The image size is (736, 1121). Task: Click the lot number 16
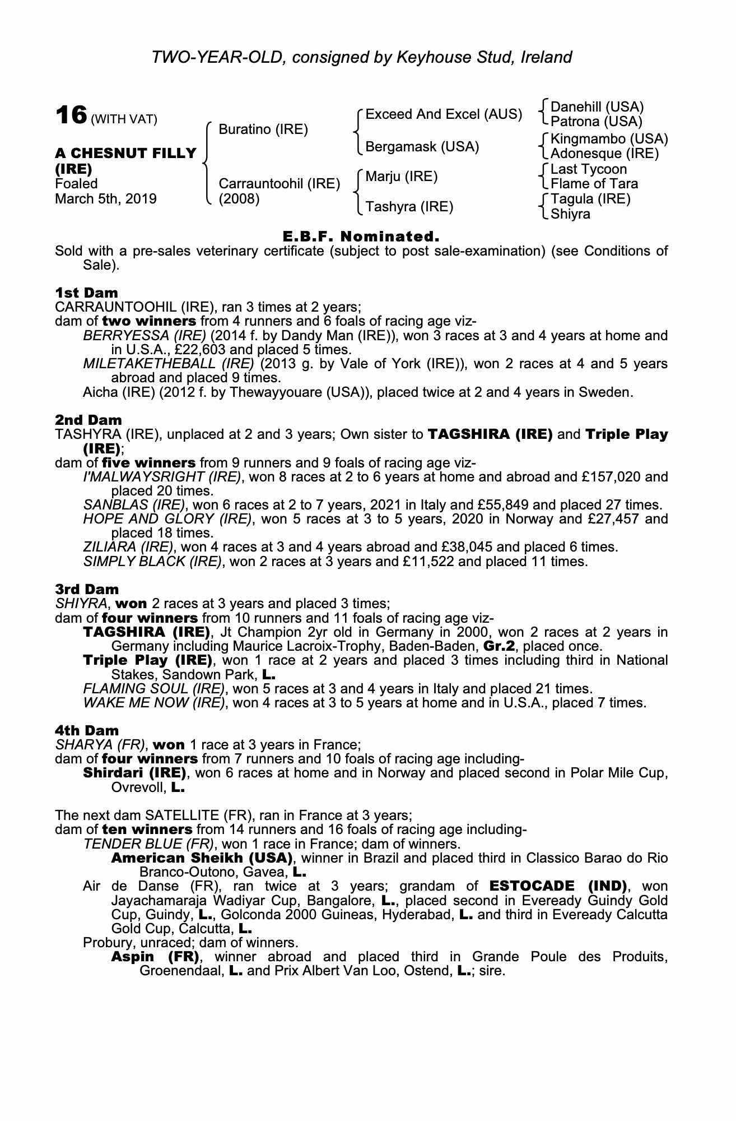(71, 116)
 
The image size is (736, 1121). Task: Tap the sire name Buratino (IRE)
(263, 129)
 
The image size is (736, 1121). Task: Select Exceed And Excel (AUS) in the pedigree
(444, 114)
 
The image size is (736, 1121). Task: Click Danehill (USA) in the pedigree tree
(597, 106)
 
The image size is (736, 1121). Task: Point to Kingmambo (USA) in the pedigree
(609, 138)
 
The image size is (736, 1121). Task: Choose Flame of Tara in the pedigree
(594, 184)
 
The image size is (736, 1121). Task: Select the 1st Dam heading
(86, 293)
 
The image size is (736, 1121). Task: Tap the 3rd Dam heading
(87, 589)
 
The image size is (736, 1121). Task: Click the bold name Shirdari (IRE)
(134, 773)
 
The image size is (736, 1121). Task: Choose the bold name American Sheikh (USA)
(202, 858)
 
